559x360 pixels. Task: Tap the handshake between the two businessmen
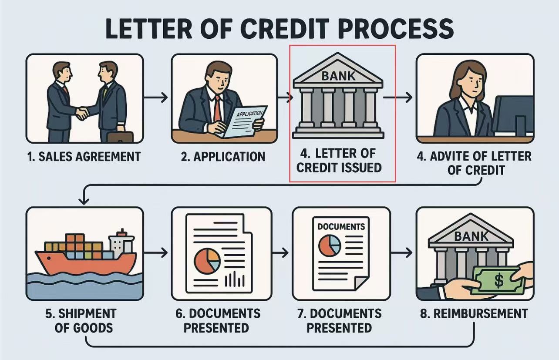click(x=82, y=114)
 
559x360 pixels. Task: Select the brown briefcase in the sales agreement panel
click(x=120, y=137)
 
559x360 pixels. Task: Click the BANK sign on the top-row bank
click(x=338, y=76)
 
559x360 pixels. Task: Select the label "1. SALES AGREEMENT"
click(x=84, y=157)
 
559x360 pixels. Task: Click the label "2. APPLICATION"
click(x=223, y=157)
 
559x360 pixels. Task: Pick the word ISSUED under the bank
click(x=360, y=168)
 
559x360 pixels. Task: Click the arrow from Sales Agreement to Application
click(x=156, y=98)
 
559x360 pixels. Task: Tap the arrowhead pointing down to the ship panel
click(x=84, y=201)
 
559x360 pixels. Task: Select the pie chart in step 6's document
click(x=207, y=261)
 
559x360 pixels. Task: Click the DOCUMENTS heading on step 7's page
click(x=341, y=226)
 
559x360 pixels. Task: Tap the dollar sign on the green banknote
click(x=498, y=280)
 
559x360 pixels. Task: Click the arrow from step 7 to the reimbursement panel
click(x=401, y=253)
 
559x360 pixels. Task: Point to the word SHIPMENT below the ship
click(x=88, y=313)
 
